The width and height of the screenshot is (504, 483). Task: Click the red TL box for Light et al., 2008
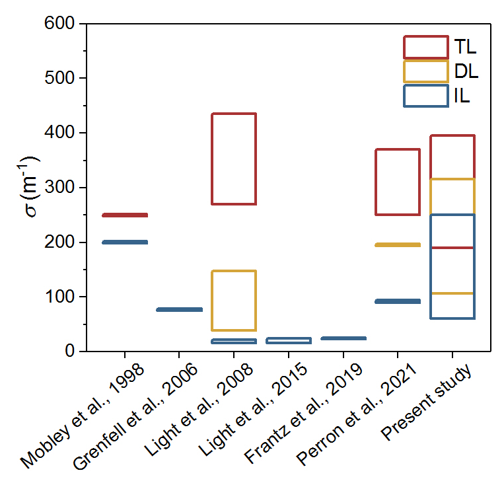coord(234,159)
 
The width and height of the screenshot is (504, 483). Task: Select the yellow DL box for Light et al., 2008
coord(234,300)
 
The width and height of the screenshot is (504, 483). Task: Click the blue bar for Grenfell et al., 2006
coord(179,309)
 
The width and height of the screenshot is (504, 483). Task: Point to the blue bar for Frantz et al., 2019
coord(343,338)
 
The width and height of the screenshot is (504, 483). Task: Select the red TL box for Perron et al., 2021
coord(398,182)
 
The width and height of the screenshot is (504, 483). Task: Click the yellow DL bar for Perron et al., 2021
coord(398,245)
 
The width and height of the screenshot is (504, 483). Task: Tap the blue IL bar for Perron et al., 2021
coord(398,301)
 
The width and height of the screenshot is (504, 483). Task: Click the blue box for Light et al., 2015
coord(288,340)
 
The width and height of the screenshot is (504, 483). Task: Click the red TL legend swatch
coord(425,47)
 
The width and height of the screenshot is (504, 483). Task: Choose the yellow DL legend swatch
coord(425,71)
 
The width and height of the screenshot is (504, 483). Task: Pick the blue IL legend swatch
coord(425,96)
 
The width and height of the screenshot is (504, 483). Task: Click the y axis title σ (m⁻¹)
coord(34,188)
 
